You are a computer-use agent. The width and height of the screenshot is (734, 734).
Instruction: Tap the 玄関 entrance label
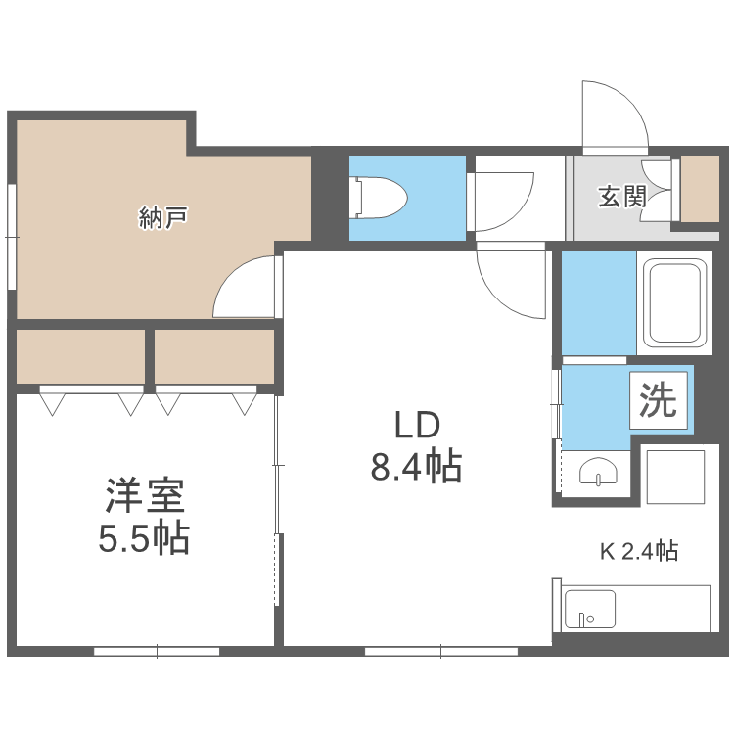pos(621,197)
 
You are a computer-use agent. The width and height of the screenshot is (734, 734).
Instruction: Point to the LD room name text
pos(417,426)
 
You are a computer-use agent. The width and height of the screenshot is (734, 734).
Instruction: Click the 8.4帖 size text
pos(416,467)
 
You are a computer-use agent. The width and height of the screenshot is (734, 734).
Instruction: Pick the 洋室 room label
pos(144,496)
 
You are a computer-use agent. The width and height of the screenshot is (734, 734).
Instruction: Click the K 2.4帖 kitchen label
pos(638,550)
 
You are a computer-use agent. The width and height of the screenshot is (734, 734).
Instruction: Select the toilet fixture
pos(380,197)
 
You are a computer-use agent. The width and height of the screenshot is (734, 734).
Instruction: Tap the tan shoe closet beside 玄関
pos(699,188)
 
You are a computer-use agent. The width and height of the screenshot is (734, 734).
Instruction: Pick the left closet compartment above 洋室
pos(80,356)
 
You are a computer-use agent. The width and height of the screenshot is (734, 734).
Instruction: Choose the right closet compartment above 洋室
pos(214,356)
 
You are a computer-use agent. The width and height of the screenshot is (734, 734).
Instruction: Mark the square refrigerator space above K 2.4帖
pos(675,476)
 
